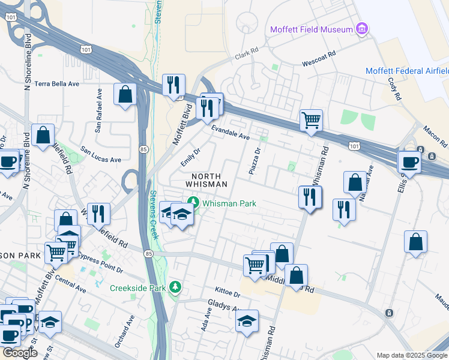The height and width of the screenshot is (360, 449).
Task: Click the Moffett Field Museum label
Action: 311,29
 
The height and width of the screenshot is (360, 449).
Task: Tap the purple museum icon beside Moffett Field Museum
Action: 361,29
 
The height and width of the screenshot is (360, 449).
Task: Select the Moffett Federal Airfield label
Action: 407,71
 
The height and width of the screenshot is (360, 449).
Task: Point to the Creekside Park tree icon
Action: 175,288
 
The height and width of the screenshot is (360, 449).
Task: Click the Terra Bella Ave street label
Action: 57,84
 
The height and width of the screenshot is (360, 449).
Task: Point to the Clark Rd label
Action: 246,55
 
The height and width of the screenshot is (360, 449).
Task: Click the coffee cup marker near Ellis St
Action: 411,161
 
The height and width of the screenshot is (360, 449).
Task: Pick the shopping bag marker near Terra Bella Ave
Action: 125,94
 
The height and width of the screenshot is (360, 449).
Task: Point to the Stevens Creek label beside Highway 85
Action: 154,214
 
